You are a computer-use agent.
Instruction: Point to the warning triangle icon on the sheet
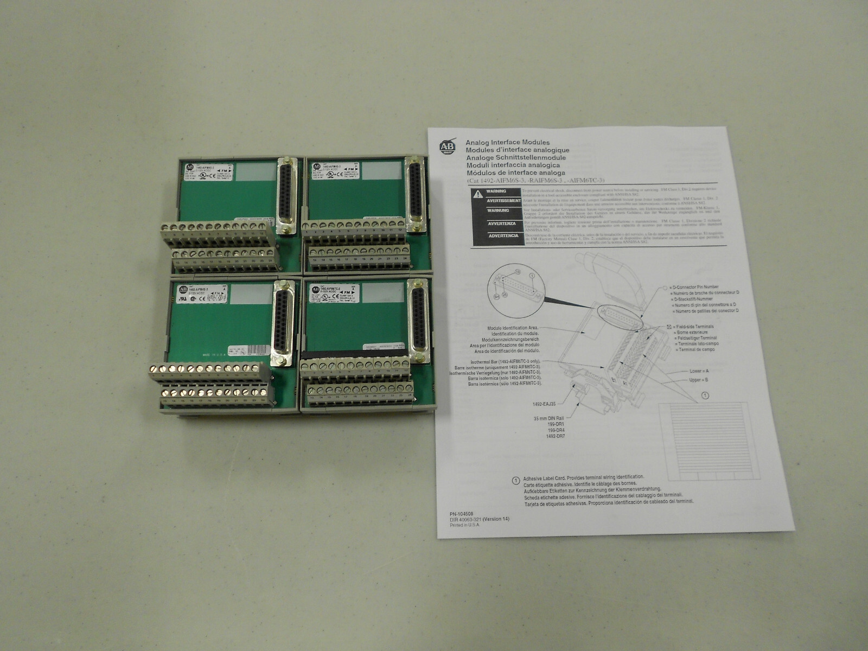[477, 194]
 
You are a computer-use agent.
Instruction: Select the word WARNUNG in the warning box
[498, 210]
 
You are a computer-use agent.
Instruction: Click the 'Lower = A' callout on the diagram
[699, 371]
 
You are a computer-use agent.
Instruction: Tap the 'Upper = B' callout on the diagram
[699, 380]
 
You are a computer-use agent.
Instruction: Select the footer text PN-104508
[461, 513]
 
